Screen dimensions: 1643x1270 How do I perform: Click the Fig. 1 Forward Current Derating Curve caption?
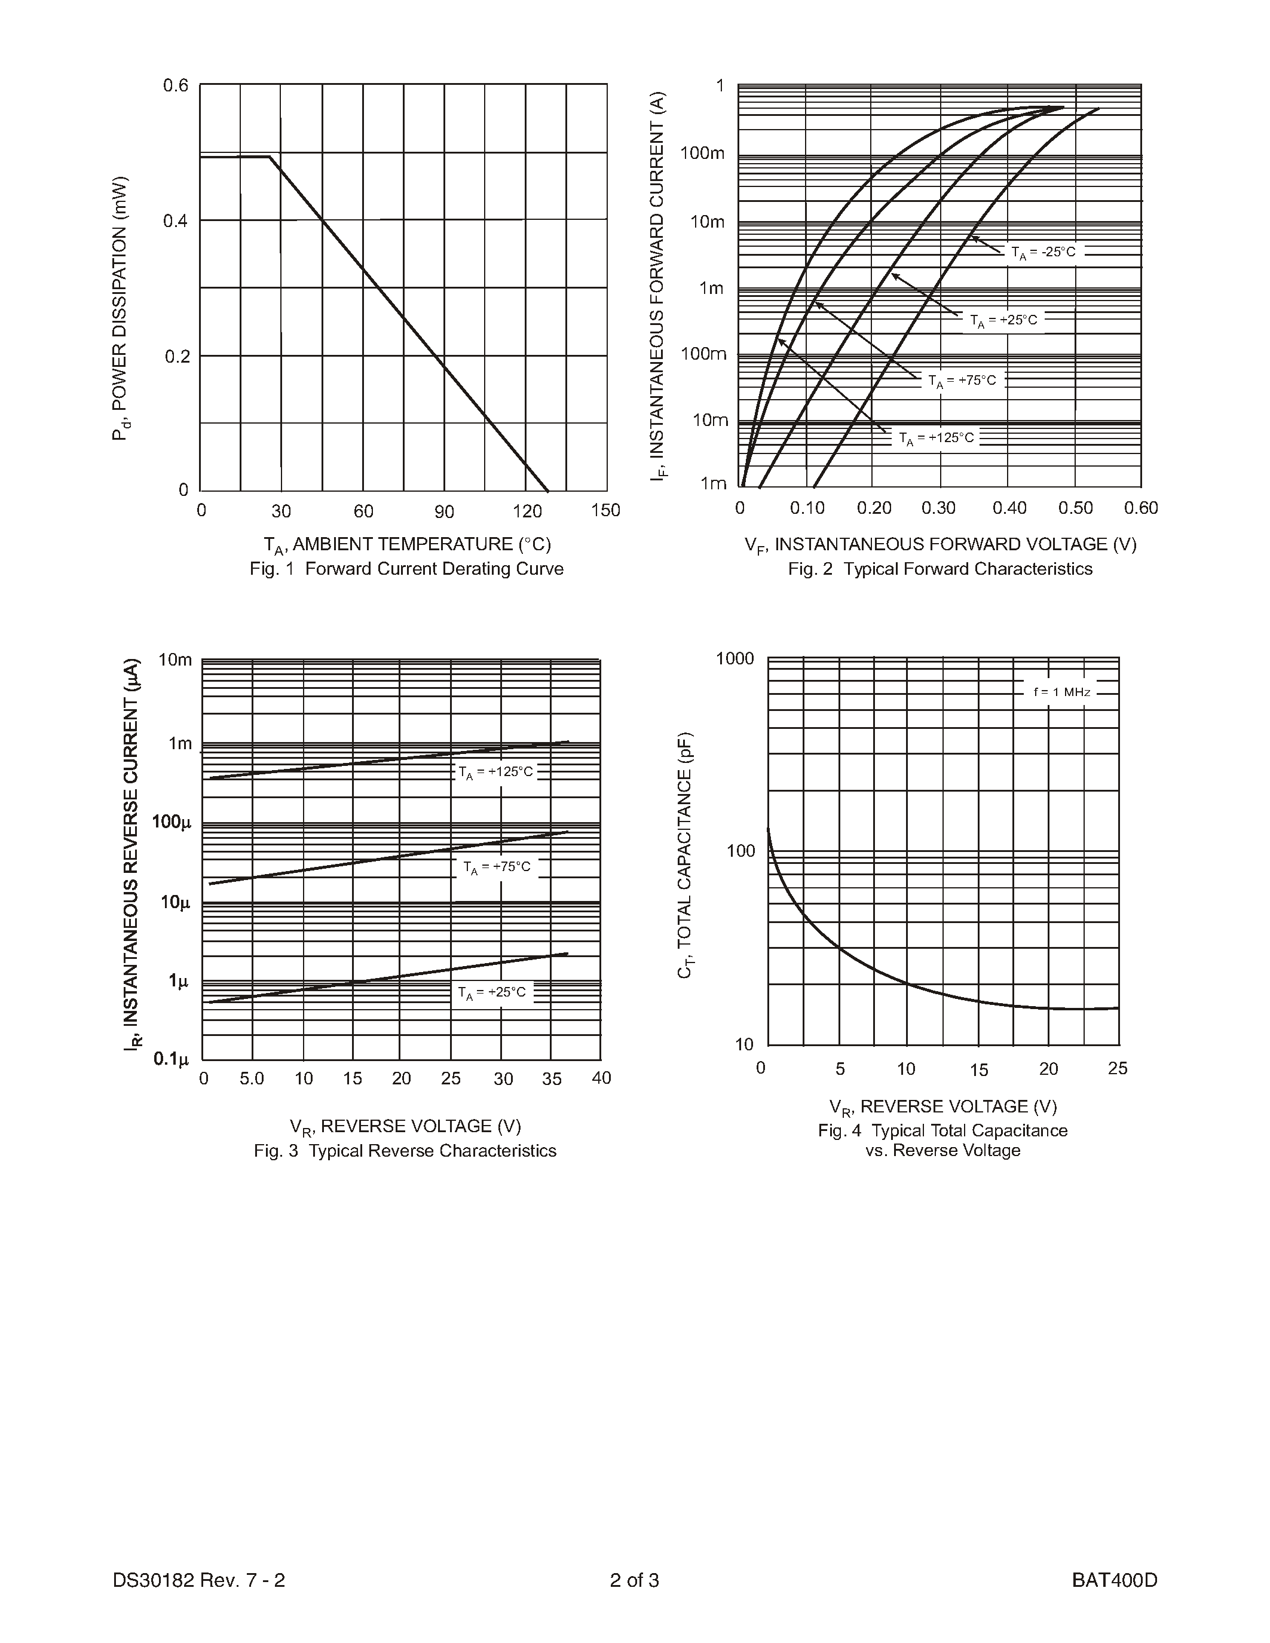(406, 569)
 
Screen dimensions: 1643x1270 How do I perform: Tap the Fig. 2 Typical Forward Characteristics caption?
(940, 569)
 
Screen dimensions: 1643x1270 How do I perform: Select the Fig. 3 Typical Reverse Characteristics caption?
(405, 1151)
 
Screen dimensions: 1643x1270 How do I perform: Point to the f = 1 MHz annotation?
(1061, 692)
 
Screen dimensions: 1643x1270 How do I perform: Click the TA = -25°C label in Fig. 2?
(1043, 253)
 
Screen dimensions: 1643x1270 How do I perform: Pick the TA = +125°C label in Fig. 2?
(936, 439)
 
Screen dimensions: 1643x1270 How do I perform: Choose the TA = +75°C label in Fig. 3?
(497, 868)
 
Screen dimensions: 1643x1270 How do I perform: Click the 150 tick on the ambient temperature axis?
(605, 511)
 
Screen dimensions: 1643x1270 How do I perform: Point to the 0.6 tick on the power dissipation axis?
(176, 86)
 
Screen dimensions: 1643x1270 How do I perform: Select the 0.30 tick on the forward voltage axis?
(938, 508)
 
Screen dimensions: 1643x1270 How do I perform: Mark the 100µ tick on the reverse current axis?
(172, 822)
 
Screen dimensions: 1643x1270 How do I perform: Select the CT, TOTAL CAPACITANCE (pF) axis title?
(685, 854)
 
